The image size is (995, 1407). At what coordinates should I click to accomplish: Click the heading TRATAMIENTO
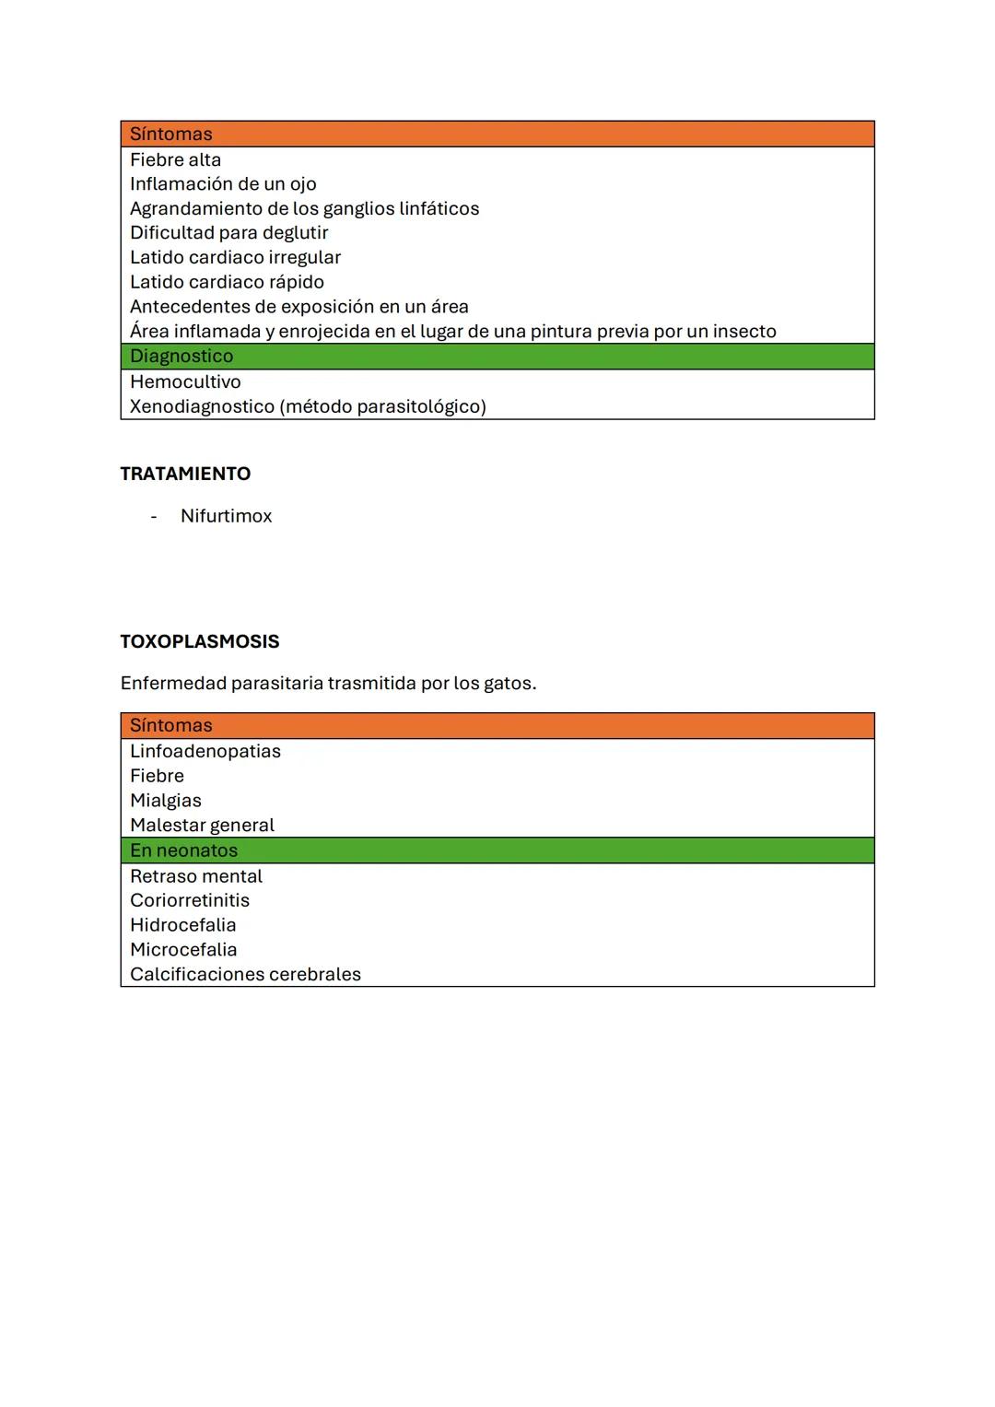pyautogui.click(x=185, y=474)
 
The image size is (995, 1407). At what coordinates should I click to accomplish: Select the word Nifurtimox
pyautogui.click(x=226, y=516)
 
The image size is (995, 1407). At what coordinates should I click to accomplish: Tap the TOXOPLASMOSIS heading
pyautogui.click(x=200, y=641)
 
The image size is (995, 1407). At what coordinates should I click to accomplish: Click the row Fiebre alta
pyautogui.click(x=175, y=160)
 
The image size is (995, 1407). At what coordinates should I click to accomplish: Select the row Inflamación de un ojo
pyautogui.click(x=223, y=184)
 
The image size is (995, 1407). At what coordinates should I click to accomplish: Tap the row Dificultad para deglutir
pyautogui.click(x=228, y=233)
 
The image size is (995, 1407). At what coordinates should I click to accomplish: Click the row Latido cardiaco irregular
pyautogui.click(x=235, y=258)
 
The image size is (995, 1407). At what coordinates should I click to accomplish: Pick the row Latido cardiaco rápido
pyautogui.click(x=227, y=282)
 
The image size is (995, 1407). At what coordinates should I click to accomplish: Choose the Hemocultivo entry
pyautogui.click(x=185, y=381)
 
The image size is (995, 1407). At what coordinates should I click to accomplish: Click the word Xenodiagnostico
pyautogui.click(x=202, y=406)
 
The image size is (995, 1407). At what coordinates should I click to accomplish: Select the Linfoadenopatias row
pyautogui.click(x=205, y=751)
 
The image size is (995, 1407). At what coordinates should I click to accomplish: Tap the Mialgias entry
pyautogui.click(x=165, y=801)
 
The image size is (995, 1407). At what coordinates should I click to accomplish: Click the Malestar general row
pyautogui.click(x=202, y=826)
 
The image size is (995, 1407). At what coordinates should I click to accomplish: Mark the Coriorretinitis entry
pyautogui.click(x=189, y=900)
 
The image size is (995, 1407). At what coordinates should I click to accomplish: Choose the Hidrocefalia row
pyautogui.click(x=182, y=925)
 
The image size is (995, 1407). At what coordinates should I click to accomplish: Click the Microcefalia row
pyautogui.click(x=183, y=950)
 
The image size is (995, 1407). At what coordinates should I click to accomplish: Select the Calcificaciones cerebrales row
pyautogui.click(x=245, y=975)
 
